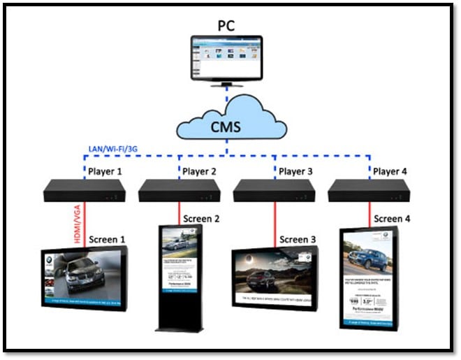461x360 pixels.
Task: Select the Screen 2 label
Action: point(201,219)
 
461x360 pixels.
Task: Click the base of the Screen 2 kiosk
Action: point(178,326)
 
